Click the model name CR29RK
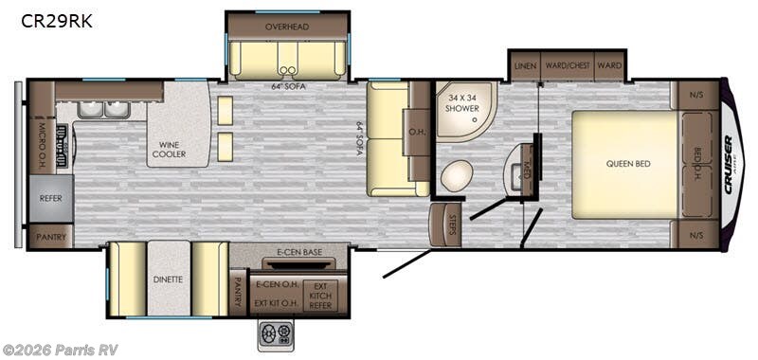[x=56, y=21]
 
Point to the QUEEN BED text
[x=628, y=164]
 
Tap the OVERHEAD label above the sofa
[x=288, y=26]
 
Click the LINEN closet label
[x=524, y=65]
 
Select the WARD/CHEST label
[x=568, y=65]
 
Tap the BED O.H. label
[x=696, y=162]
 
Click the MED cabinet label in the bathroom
[x=527, y=171]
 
